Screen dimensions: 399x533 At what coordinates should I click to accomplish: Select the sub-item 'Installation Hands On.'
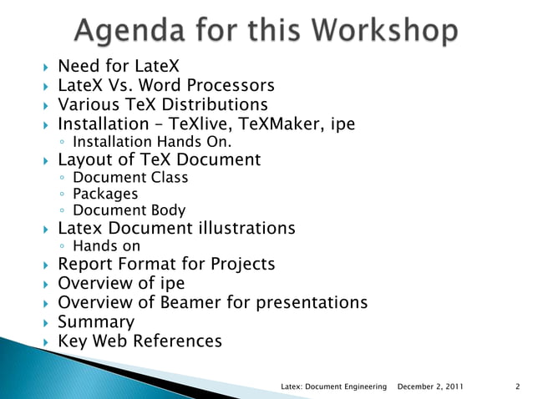[140, 142]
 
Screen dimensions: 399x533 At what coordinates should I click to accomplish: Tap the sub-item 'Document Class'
[130, 177]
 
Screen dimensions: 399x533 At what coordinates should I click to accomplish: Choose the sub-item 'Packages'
[105, 194]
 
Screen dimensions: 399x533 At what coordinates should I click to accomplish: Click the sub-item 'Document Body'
[129, 211]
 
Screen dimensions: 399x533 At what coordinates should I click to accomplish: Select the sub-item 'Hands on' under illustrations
[107, 246]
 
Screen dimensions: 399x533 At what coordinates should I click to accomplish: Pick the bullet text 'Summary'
[95, 322]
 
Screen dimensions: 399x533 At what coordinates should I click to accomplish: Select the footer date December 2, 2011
[431, 386]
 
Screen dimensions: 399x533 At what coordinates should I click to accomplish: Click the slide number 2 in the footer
[518, 386]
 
